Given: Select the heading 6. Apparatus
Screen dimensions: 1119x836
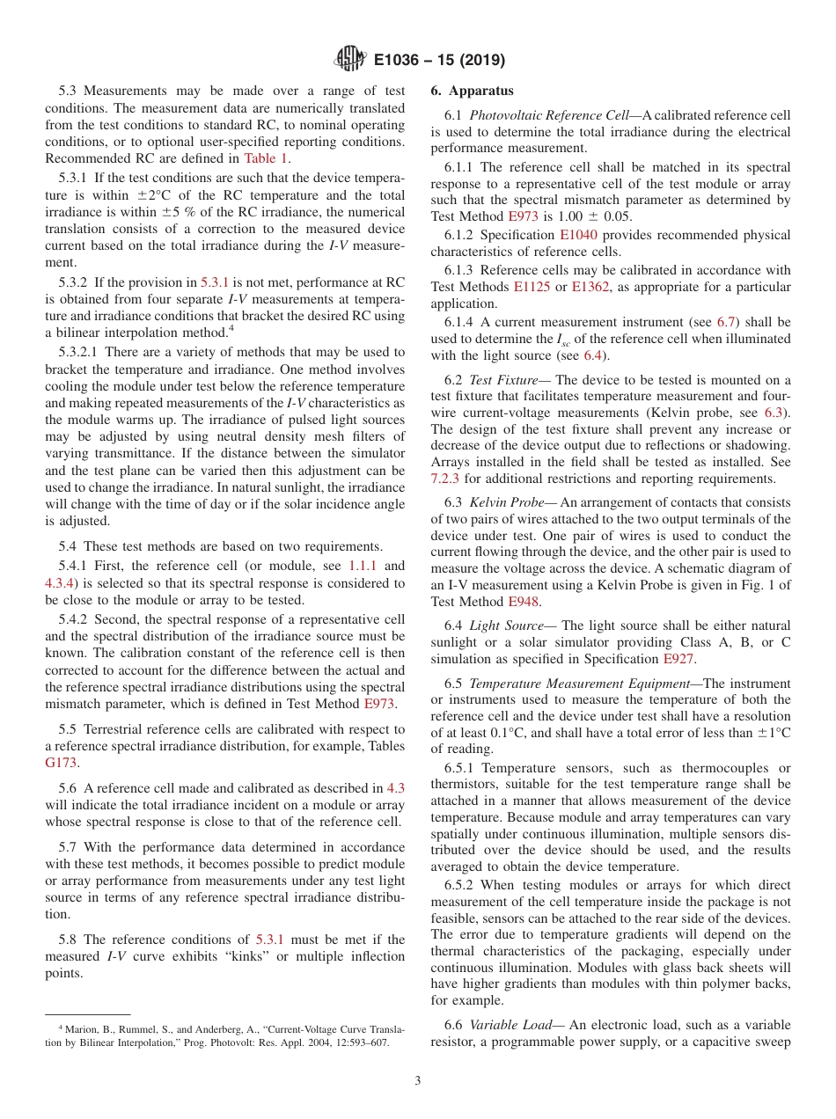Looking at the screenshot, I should (472, 91).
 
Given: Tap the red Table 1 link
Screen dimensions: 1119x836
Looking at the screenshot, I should (266, 158).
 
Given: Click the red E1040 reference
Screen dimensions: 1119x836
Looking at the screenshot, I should (576, 235).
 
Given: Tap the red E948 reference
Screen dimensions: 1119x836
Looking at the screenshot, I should (524, 602).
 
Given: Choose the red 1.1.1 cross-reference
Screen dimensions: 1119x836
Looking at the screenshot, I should (363, 566).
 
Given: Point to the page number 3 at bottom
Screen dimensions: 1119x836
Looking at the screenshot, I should (417, 1080).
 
